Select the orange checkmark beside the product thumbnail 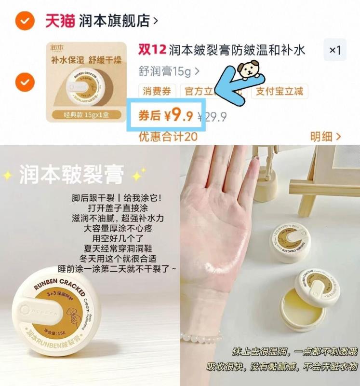(24, 82)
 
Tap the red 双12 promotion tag (152, 50)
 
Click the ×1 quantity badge (334, 50)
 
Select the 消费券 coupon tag (157, 91)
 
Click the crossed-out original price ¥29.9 (213, 117)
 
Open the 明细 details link (326, 137)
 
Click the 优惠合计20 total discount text (168, 137)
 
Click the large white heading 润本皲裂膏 (71, 174)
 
